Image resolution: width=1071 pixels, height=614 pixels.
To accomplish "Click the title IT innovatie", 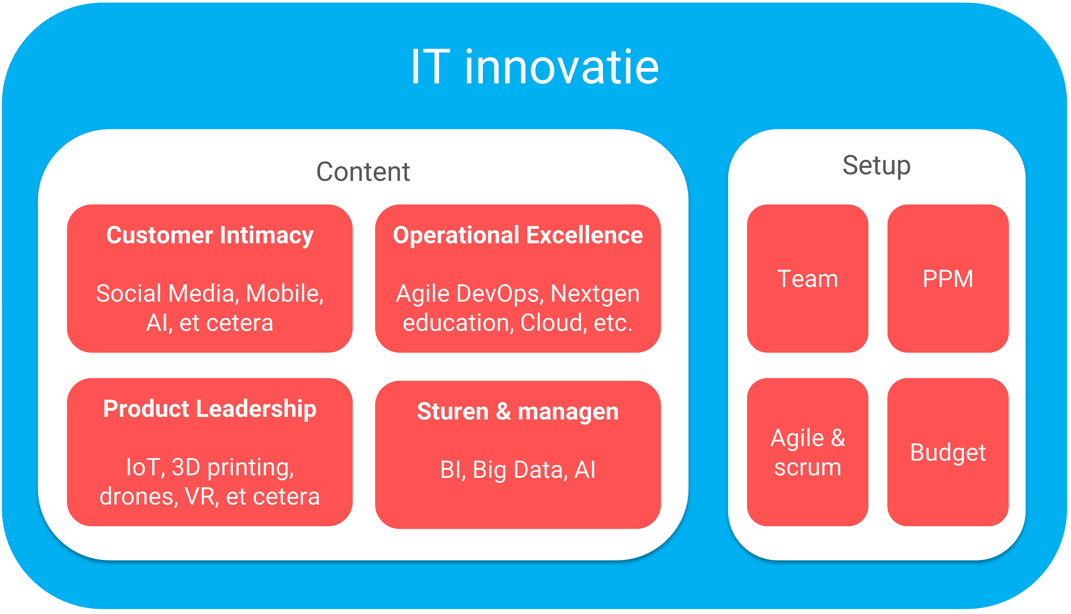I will click(x=535, y=67).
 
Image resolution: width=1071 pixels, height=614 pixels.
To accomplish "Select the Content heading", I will click(x=363, y=172).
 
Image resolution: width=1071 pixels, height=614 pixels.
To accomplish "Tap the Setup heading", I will click(x=876, y=165).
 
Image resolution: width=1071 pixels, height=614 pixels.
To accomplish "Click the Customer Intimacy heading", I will click(x=210, y=235).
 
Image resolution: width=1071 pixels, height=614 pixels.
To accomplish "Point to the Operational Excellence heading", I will click(x=518, y=235).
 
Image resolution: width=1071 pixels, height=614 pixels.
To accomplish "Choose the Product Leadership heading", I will click(x=210, y=409).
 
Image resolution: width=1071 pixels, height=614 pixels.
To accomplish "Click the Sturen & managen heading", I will click(x=518, y=411).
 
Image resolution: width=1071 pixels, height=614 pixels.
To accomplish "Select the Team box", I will click(x=807, y=279).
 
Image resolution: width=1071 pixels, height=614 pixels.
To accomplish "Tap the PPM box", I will click(x=948, y=279).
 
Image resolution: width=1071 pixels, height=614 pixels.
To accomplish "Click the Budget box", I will click(x=948, y=452).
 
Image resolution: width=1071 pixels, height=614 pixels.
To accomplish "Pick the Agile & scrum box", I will click(x=807, y=452).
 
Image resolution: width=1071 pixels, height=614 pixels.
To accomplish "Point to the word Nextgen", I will click(x=595, y=294).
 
